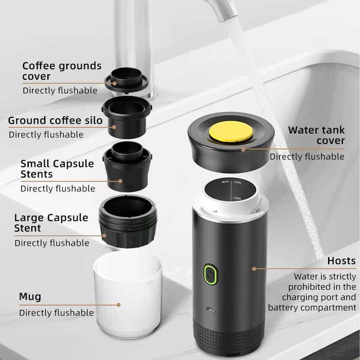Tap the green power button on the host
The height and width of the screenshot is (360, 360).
pos(210,273)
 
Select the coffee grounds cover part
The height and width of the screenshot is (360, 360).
pos(127,80)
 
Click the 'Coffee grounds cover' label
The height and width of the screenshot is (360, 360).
pos(62,71)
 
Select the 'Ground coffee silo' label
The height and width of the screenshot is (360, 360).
pos(55,121)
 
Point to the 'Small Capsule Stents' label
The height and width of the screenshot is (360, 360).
pos(57,169)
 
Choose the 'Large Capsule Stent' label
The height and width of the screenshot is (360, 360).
pos(51,223)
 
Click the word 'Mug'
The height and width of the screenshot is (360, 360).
pos(30,297)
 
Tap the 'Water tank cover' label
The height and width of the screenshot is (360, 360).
pos(316,135)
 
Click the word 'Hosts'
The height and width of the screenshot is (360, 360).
pos(341,261)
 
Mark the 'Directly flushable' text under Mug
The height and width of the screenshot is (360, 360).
pos(57,313)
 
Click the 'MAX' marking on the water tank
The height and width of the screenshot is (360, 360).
pos(225,182)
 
